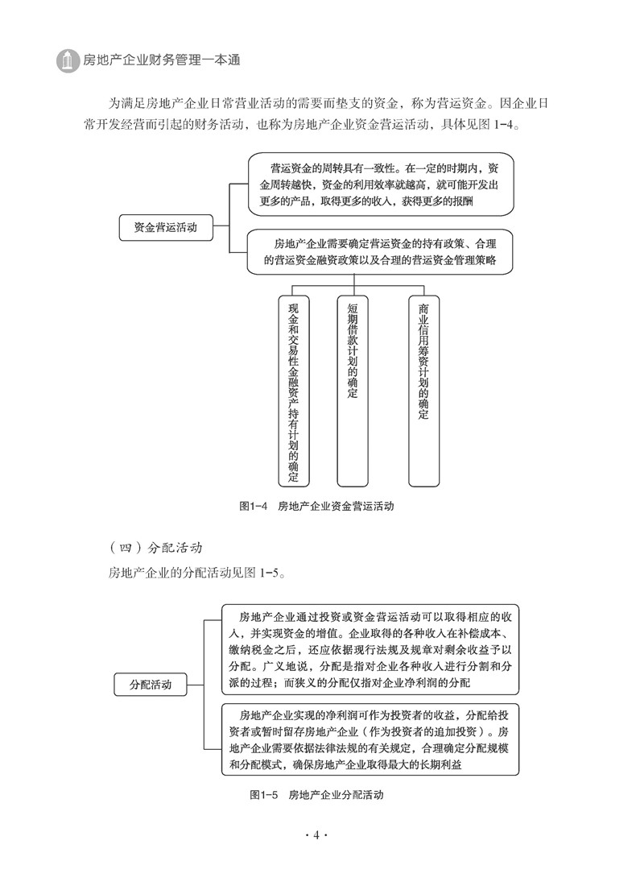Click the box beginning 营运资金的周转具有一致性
380,186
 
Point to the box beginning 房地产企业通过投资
370,648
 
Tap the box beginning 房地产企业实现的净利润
370,739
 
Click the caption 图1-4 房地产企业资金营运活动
316,507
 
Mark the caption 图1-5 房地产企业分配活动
316,794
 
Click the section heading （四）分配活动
155,548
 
